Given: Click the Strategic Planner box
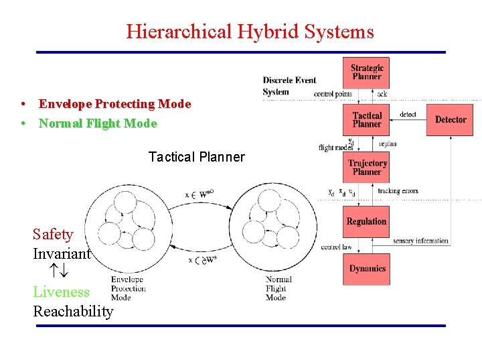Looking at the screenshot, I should [367, 72].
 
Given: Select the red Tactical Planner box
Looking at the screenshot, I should [367, 120].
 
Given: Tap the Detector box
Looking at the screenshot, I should [451, 120].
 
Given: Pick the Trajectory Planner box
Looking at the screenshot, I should [367, 168].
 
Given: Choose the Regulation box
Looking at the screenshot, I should [367, 222].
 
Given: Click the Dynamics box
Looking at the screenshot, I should [367, 269].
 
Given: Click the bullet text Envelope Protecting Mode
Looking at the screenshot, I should [114, 104].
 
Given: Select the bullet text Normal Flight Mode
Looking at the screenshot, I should [98, 123].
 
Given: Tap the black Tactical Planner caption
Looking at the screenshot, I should [196, 157].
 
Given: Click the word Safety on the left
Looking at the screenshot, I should [53, 234].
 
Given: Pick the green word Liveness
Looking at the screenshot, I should [61, 292].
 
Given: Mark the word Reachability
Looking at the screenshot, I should [73, 311].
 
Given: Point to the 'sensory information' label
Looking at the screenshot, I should [420, 241].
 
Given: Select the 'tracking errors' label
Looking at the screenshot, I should [398, 191].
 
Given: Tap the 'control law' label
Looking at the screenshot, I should [336, 247].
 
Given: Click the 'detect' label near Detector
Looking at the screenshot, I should [408, 115].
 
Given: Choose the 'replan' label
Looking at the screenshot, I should [388, 143].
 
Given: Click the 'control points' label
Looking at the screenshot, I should [333, 94].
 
